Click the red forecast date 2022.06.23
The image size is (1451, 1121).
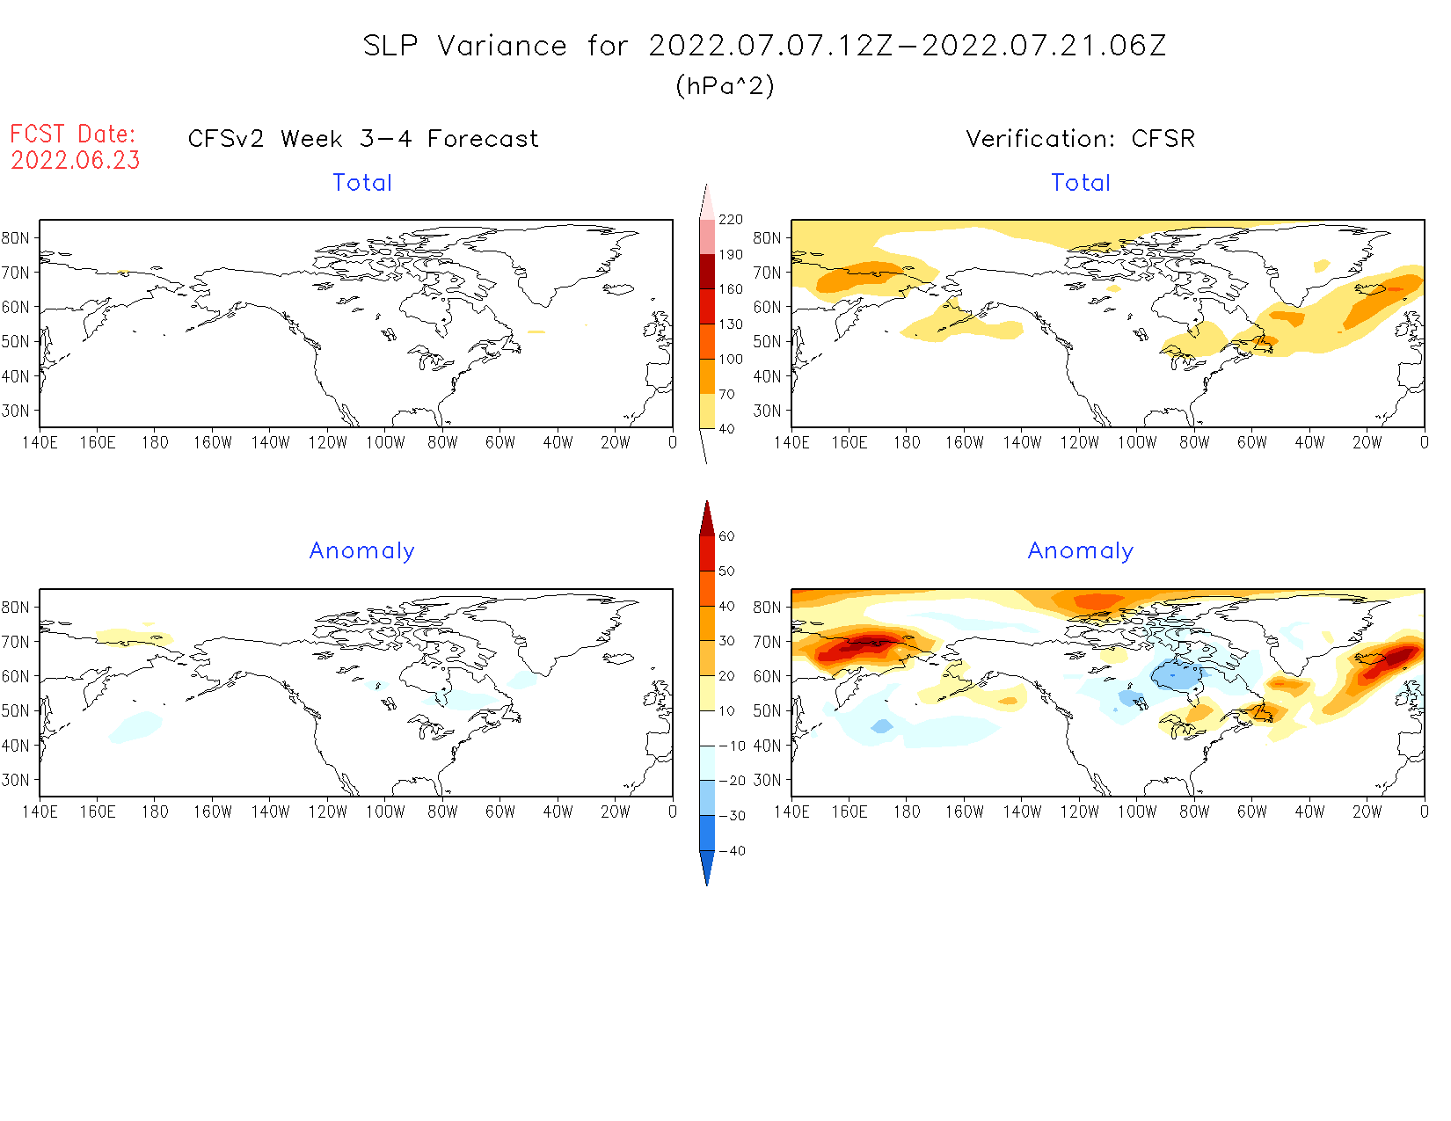(x=76, y=161)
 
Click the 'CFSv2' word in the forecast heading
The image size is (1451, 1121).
(x=226, y=139)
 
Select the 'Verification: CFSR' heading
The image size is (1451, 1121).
(x=1080, y=139)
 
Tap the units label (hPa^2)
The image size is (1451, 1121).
(x=725, y=86)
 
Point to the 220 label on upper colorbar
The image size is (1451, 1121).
(x=730, y=220)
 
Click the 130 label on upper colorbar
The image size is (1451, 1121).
(x=730, y=324)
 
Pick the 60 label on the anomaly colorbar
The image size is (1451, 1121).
(x=726, y=536)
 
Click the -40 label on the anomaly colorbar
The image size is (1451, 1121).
(x=732, y=851)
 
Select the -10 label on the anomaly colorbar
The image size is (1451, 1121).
(x=732, y=746)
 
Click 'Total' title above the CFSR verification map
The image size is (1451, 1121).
(x=1080, y=183)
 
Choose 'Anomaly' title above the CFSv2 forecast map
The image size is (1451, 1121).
(x=361, y=551)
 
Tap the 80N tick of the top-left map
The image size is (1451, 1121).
(x=16, y=238)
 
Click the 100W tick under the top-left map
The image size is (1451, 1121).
(x=385, y=443)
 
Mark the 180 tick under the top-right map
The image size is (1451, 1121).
(x=907, y=443)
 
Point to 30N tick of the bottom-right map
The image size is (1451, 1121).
(x=767, y=780)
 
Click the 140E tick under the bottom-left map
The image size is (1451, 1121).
(x=40, y=812)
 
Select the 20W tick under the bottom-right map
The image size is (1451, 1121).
(x=1367, y=812)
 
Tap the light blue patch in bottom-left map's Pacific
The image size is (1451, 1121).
(x=136, y=726)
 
